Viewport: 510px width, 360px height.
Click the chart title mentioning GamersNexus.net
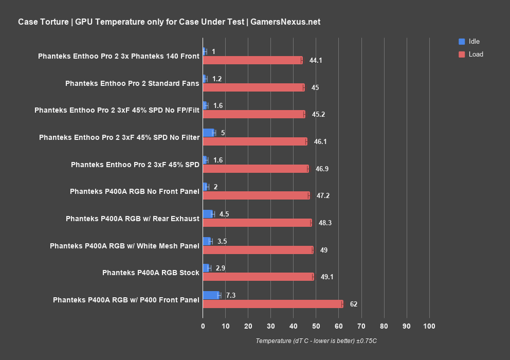(x=169, y=22)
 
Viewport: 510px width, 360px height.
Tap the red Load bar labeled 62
(x=272, y=304)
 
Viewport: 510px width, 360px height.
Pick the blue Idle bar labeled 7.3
(x=211, y=295)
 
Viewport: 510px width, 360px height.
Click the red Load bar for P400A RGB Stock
(x=258, y=277)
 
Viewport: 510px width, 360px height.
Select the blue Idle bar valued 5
(x=208, y=133)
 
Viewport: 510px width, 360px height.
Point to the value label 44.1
(x=316, y=60)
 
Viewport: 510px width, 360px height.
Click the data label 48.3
(x=325, y=223)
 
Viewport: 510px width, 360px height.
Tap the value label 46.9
(x=322, y=169)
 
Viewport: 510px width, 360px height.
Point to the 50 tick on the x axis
(x=316, y=326)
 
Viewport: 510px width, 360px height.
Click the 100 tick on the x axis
(x=429, y=326)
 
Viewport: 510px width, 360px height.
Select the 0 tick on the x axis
(x=203, y=326)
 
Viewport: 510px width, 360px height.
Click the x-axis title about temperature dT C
(x=316, y=341)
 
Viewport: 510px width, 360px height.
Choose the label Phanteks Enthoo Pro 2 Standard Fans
(x=132, y=83)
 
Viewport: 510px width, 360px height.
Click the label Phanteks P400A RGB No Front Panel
(x=135, y=191)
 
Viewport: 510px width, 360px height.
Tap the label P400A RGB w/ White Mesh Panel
(x=124, y=246)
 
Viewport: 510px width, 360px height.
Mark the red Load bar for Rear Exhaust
(x=257, y=223)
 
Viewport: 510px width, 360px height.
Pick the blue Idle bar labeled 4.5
(x=208, y=214)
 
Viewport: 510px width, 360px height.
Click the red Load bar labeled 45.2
(x=254, y=114)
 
